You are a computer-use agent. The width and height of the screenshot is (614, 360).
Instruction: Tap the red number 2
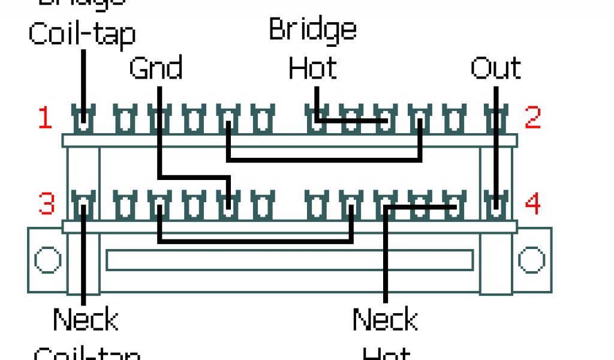click(x=533, y=119)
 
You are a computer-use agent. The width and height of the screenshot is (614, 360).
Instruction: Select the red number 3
click(x=46, y=204)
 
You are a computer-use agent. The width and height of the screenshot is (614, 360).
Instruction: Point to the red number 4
click(x=533, y=204)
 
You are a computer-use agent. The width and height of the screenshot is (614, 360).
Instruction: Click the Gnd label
click(x=155, y=68)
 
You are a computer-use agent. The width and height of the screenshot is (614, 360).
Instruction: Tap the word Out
click(x=495, y=68)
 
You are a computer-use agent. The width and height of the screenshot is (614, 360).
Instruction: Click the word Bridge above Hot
click(x=312, y=29)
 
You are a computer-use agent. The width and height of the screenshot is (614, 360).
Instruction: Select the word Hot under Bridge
click(x=312, y=68)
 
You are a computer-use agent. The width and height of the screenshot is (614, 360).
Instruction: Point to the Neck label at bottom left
click(x=85, y=319)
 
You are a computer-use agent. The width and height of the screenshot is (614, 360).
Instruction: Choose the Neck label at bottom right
click(x=384, y=319)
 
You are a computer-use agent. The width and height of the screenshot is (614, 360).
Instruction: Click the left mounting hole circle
click(x=47, y=260)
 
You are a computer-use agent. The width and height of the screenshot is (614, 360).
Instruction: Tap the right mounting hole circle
click(x=531, y=260)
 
